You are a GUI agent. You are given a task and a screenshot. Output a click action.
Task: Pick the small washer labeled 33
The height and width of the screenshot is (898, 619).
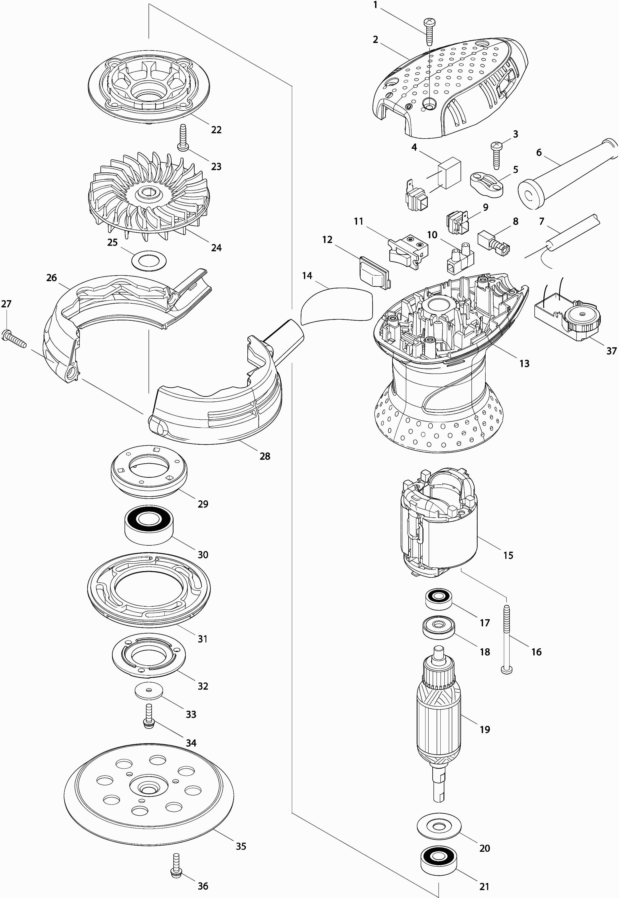pos(148,691)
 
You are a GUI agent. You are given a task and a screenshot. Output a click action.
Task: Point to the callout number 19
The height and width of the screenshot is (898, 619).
pos(485,729)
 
